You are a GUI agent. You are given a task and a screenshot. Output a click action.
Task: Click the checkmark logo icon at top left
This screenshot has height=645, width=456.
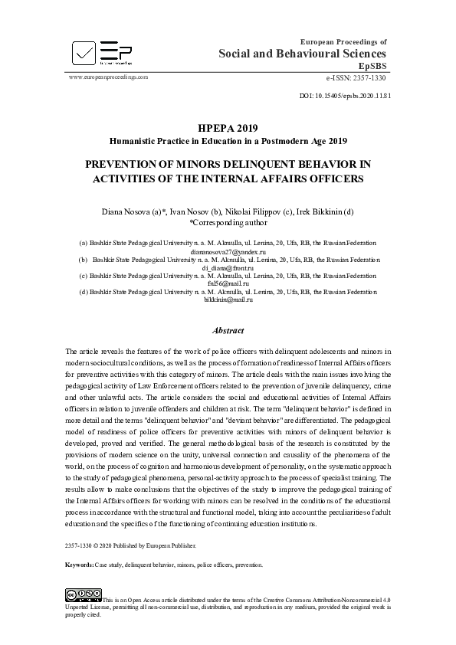(x=83, y=51)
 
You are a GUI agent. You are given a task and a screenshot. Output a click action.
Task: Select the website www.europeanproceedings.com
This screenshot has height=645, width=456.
(x=108, y=77)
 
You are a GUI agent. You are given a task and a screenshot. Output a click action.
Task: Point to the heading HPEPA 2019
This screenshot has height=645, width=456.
(x=228, y=128)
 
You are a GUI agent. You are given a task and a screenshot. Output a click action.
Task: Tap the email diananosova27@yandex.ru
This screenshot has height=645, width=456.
(x=228, y=251)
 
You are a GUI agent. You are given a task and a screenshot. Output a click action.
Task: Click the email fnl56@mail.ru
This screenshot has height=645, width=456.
(x=228, y=283)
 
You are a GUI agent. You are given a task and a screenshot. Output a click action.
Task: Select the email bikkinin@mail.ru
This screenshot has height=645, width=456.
(x=228, y=300)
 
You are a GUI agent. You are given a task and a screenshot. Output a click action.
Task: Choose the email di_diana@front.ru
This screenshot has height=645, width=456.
(x=228, y=267)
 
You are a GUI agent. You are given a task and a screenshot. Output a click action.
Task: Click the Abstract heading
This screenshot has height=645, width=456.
(x=228, y=331)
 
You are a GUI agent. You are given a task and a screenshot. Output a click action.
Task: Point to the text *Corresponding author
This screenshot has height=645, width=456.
(x=228, y=222)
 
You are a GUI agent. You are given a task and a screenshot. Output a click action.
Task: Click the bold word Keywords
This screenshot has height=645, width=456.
(x=79, y=565)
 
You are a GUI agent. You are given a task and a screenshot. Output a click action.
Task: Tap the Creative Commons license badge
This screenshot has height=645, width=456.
(x=84, y=594)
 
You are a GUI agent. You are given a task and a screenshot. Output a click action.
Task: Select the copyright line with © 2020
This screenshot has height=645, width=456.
(x=132, y=545)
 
